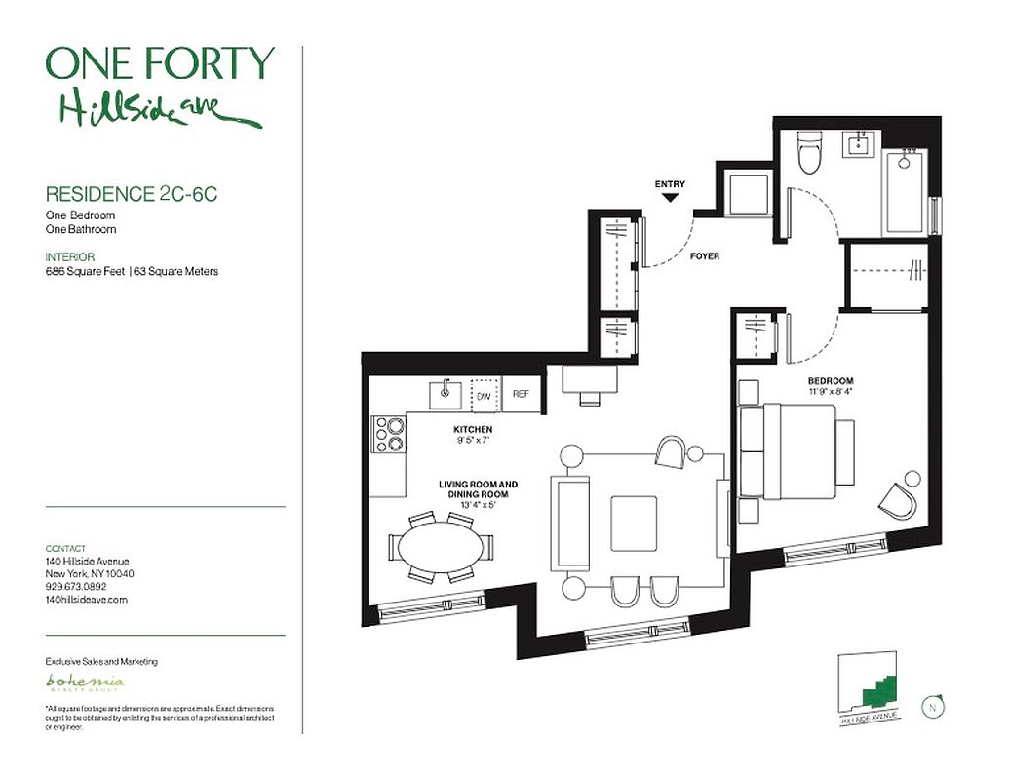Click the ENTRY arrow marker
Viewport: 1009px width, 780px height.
coord(670,197)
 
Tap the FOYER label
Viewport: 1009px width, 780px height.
coord(704,256)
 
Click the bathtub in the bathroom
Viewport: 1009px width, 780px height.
coord(905,190)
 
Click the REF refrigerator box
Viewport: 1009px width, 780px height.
coord(521,395)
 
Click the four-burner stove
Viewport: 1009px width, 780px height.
coord(390,434)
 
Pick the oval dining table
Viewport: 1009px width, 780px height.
coord(442,548)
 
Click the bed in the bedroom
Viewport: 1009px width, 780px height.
coord(796,451)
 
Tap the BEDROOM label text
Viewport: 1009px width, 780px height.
coord(830,381)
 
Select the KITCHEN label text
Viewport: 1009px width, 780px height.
coord(472,429)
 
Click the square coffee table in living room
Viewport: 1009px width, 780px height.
coord(634,524)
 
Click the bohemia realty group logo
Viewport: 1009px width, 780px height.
coord(86,682)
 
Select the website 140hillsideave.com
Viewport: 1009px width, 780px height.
coord(87,600)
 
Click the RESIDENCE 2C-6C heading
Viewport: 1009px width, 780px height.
coord(132,194)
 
